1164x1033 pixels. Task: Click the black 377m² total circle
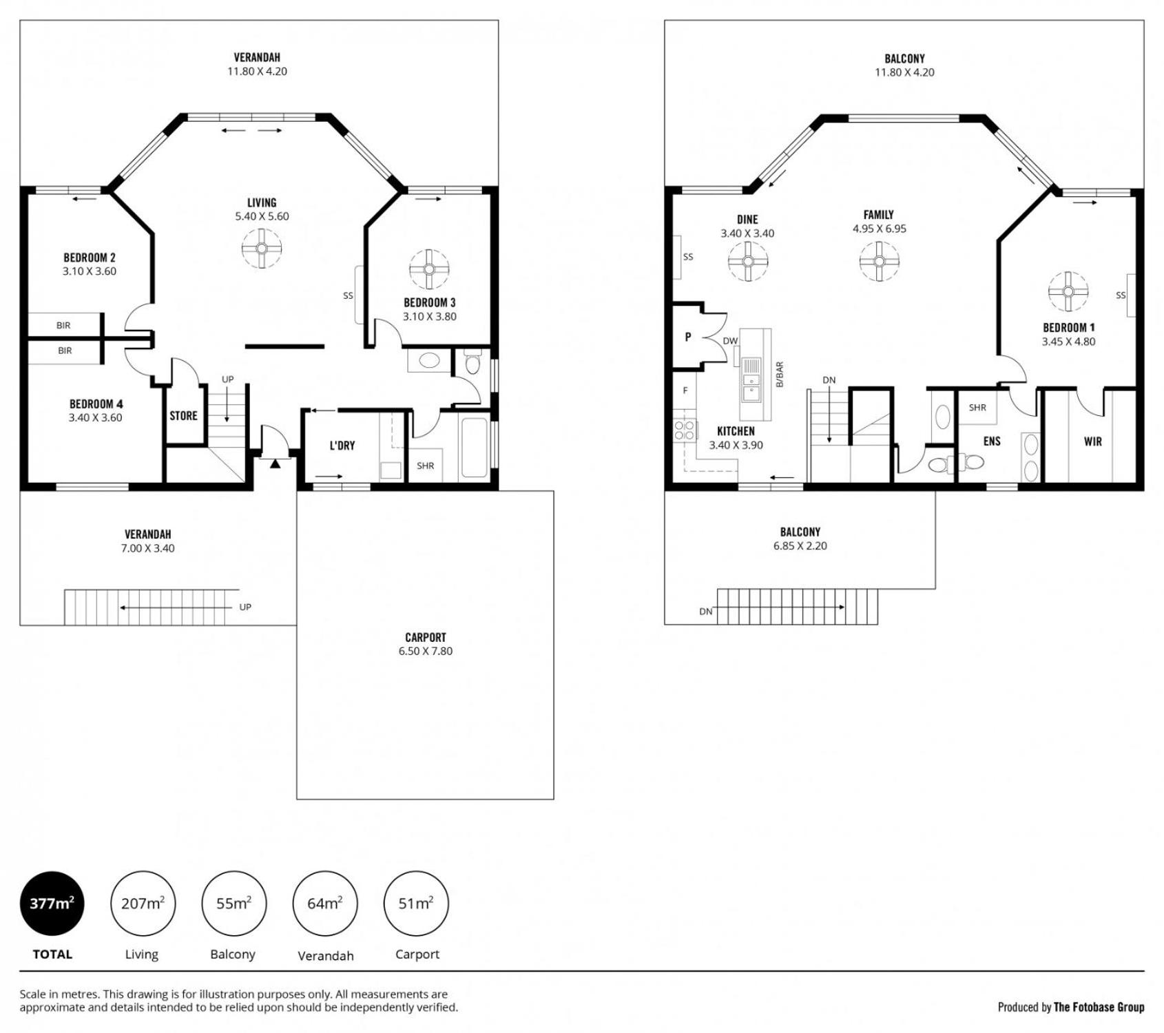(52, 903)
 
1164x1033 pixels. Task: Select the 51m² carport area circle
(416, 903)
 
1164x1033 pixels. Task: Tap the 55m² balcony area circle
(233, 903)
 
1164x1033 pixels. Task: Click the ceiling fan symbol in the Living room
(262, 249)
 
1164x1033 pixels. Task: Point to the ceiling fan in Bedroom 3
(429, 269)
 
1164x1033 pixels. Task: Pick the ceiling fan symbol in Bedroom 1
(1068, 291)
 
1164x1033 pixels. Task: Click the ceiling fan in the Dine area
(748, 261)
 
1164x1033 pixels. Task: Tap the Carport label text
(426, 637)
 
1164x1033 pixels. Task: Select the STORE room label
(183, 416)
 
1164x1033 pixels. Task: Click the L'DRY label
(342, 446)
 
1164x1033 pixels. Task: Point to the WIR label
(1093, 441)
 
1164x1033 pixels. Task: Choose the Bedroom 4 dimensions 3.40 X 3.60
(95, 417)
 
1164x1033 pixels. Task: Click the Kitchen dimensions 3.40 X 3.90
(736, 445)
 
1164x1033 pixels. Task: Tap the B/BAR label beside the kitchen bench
(780, 375)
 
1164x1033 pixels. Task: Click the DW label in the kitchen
(730, 341)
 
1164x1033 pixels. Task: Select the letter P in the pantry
(688, 337)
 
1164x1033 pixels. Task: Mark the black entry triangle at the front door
(275, 463)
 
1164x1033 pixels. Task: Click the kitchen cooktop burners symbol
(685, 431)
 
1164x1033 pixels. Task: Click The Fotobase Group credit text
(1099, 1007)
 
